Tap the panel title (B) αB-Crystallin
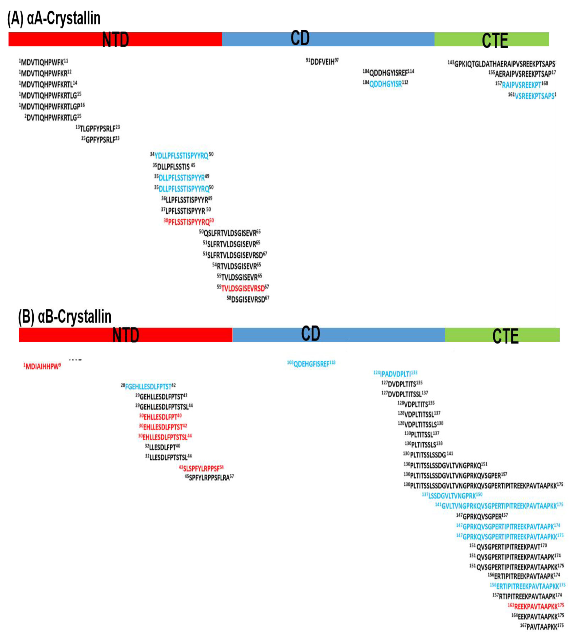click(65, 316)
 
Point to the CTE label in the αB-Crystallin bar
click(505, 336)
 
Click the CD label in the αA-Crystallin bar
click(300, 39)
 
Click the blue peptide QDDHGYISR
click(386, 84)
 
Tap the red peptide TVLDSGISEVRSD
click(243, 288)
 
